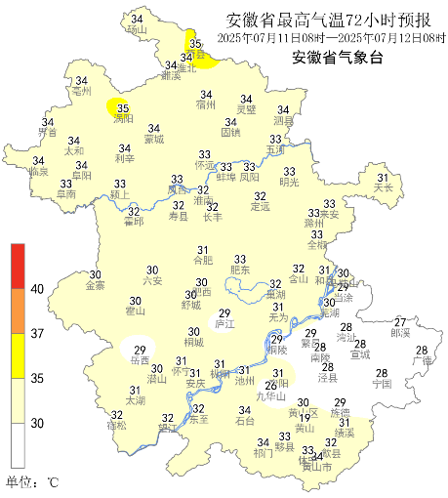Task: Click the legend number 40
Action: pyautogui.click(x=38, y=288)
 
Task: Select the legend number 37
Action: pyautogui.click(x=38, y=333)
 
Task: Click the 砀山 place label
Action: pyautogui.click(x=136, y=30)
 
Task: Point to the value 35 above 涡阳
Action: pyautogui.click(x=123, y=108)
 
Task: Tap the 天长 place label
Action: pyautogui.click(x=384, y=187)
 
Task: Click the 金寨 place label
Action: pyautogui.click(x=96, y=286)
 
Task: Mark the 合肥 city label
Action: pyautogui.click(x=202, y=261)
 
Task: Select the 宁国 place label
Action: pyautogui.click(x=382, y=384)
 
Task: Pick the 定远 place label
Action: pyautogui.click(x=260, y=206)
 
